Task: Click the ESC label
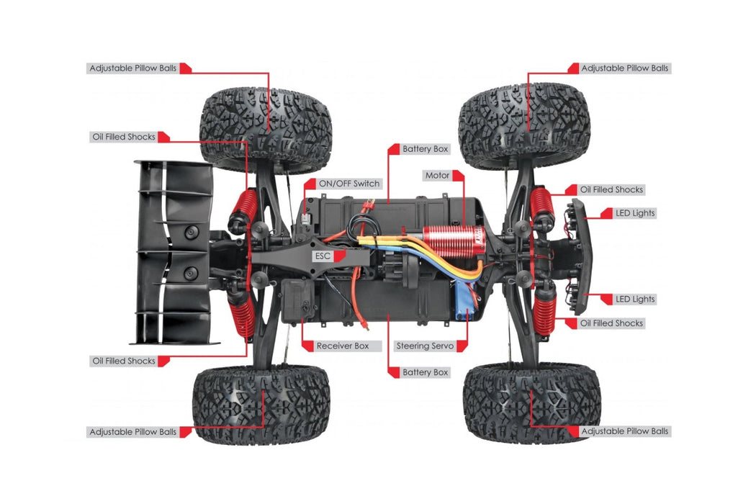[x=323, y=256]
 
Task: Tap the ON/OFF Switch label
[x=349, y=184]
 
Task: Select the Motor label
[x=437, y=176]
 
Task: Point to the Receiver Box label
[x=342, y=346]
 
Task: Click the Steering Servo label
[x=425, y=346]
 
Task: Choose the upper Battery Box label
[x=426, y=149]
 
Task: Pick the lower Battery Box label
[x=426, y=372]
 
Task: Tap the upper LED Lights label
[x=635, y=213]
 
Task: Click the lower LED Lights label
[x=635, y=300]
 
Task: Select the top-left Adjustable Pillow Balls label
[x=133, y=68]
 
